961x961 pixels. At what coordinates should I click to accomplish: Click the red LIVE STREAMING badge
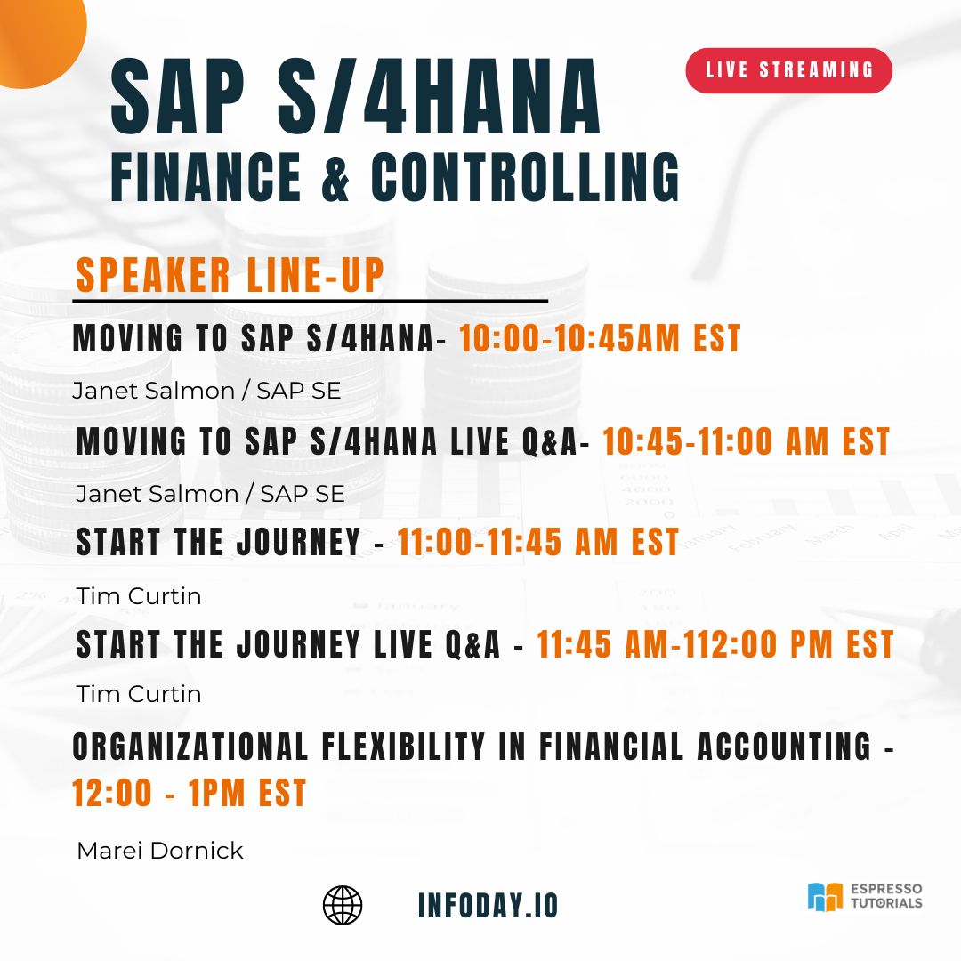point(788,70)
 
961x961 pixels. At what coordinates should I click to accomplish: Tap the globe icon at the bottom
point(343,905)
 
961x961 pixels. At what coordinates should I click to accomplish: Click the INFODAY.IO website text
point(488,905)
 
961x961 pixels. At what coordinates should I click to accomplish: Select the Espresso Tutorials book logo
point(824,897)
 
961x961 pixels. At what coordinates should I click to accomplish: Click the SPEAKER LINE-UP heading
point(230,275)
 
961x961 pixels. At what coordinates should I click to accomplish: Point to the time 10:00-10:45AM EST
point(600,339)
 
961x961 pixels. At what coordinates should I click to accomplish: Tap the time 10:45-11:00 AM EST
point(746,441)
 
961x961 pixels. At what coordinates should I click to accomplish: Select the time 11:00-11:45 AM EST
point(538,542)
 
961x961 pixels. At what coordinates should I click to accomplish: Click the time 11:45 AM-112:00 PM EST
point(715,645)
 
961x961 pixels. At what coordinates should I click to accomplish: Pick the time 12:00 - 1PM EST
point(190,793)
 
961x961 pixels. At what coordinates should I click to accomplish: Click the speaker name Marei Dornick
point(160,851)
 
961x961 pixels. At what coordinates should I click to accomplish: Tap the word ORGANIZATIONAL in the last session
point(183,747)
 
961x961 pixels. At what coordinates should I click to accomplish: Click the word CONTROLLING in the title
point(525,176)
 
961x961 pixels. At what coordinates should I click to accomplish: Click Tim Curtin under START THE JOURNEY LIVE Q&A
point(139,693)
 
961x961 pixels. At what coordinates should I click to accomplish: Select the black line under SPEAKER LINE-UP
point(311,302)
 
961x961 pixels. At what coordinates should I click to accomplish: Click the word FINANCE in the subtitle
point(206,176)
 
